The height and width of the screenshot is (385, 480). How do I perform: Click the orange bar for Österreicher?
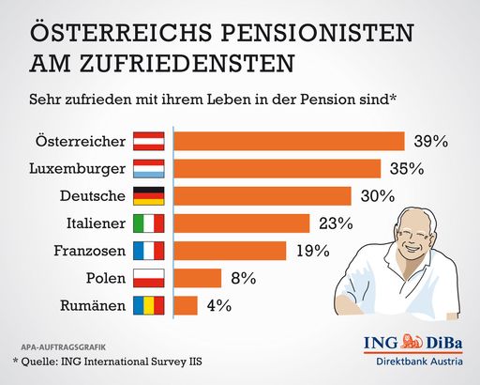[289, 141]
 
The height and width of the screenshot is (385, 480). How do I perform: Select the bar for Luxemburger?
[277, 169]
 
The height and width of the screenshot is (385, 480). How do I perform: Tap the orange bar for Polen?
[198, 278]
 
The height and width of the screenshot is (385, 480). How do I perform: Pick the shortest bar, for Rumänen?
[186, 305]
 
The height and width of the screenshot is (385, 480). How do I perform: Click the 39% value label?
[430, 142]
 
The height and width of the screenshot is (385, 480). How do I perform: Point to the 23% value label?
[334, 223]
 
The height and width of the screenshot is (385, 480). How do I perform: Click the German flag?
[150, 196]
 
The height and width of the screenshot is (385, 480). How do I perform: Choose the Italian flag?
[150, 223]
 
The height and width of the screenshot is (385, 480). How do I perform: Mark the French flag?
[150, 251]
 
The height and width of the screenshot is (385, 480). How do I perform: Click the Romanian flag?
[150, 305]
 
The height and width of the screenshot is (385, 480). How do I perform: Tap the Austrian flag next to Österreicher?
[150, 142]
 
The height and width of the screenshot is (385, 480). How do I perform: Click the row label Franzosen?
[90, 251]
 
